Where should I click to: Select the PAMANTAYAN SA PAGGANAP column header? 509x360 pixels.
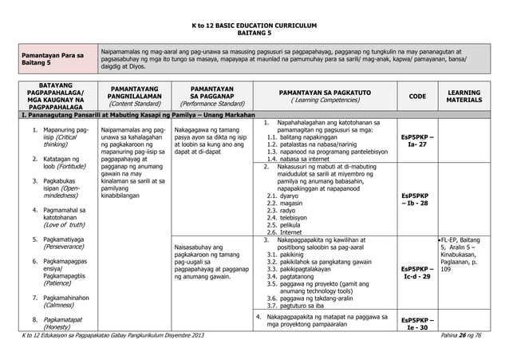point(211,96)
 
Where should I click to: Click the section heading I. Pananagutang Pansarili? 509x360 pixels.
point(131,116)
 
